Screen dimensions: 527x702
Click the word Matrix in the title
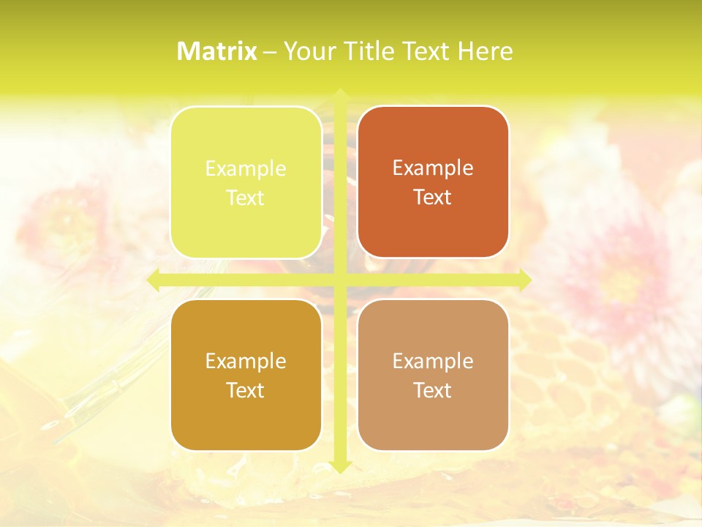tap(217, 51)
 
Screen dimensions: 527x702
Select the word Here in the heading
tap(486, 51)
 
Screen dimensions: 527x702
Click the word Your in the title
tap(309, 51)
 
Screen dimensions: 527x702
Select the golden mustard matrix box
tap(246, 417)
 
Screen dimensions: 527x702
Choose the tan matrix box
tap(433, 417)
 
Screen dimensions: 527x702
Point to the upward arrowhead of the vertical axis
tap(340, 94)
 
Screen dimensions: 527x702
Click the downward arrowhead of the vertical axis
tap(340, 466)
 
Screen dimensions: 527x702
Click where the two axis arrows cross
tap(340, 280)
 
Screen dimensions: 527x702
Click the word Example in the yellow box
tap(246, 169)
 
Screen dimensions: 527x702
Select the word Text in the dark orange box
tap(433, 198)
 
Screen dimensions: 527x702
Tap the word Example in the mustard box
tap(246, 362)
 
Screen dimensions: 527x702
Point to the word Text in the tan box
tap(433, 391)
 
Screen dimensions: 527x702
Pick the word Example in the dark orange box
tap(433, 168)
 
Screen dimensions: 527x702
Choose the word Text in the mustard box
tap(246, 391)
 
